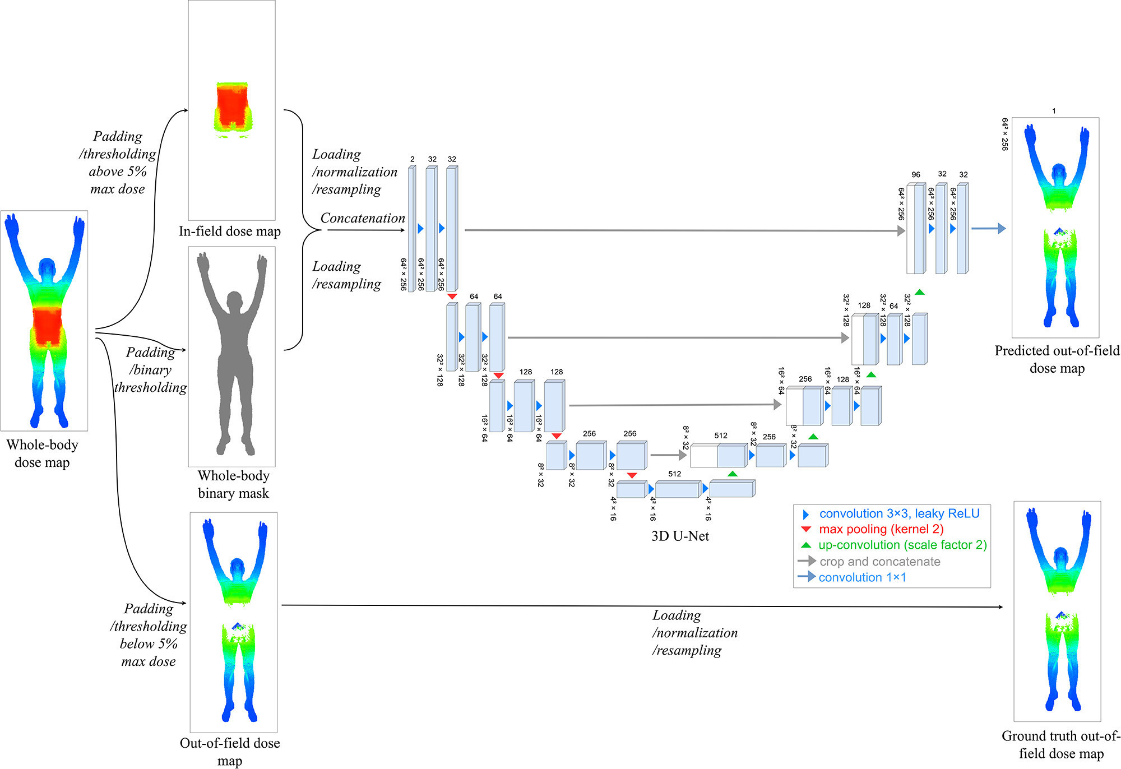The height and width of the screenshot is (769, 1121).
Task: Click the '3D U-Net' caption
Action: tap(680, 536)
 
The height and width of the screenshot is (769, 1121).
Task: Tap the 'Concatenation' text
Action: tap(363, 218)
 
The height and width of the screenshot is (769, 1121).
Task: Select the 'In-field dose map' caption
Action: tap(230, 231)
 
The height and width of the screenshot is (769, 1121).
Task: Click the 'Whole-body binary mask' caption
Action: tap(233, 484)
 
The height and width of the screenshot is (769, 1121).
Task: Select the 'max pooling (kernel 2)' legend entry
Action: tap(881, 529)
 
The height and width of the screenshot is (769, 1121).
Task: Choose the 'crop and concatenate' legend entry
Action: tap(879, 562)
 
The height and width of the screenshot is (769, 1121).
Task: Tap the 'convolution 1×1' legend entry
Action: tap(861, 577)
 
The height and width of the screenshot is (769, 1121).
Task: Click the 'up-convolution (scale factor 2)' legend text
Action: tap(902, 545)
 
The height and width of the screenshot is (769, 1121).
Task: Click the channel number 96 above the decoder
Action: tap(916, 175)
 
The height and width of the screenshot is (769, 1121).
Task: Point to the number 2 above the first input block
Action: tap(413, 159)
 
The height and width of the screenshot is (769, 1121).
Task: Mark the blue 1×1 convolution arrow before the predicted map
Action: tap(988, 229)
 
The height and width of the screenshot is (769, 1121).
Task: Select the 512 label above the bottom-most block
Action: tap(675, 474)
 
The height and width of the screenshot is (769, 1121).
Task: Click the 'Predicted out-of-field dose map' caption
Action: tap(1057, 359)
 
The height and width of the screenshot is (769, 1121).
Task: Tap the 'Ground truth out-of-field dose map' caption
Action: tap(1060, 744)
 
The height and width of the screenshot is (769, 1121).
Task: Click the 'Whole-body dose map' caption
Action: tap(43, 453)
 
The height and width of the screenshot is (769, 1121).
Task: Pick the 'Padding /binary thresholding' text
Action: tap(150, 370)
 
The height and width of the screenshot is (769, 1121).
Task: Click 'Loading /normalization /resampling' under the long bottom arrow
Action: tap(694, 633)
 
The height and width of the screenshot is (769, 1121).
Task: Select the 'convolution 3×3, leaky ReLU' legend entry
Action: tap(898, 513)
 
